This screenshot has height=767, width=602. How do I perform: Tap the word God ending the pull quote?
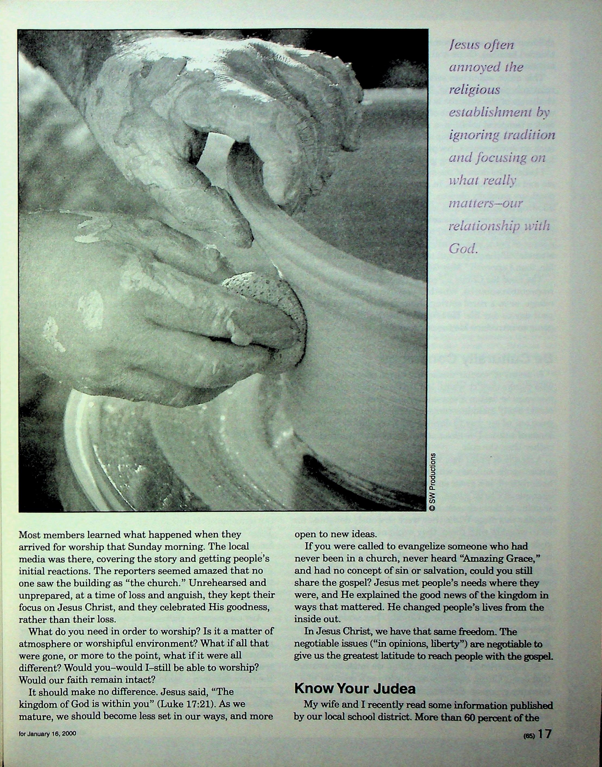(x=462, y=249)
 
